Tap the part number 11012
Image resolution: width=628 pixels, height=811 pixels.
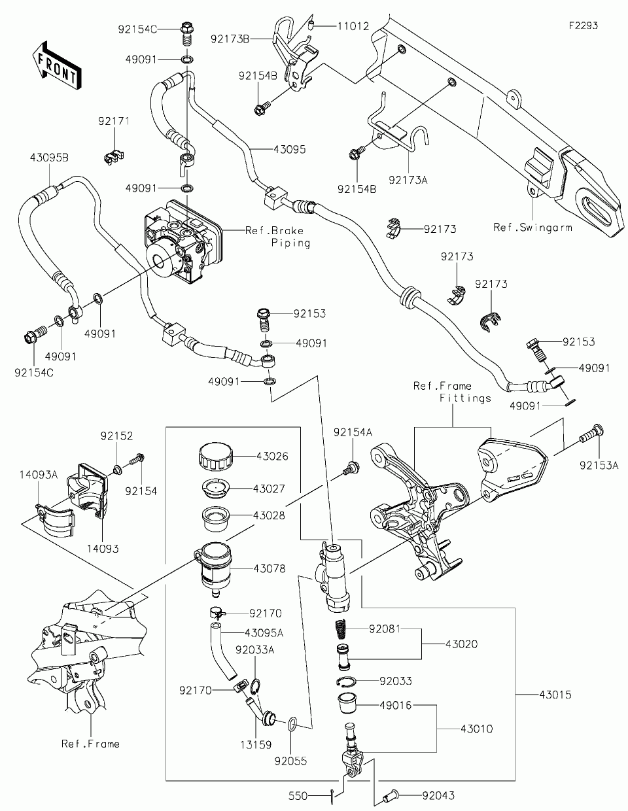pos(353,27)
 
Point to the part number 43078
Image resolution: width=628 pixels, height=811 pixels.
pos(270,569)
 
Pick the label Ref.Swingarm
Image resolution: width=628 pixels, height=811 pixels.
pos(532,228)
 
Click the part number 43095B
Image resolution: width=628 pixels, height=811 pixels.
pos(49,158)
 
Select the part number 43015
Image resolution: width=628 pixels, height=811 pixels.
pos(555,695)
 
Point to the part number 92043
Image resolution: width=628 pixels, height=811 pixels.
pos(438,796)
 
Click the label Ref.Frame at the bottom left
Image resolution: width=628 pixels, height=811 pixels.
pos(90,744)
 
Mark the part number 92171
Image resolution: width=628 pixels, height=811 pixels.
pos(114,122)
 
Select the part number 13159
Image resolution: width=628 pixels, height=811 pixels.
pos(256,744)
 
